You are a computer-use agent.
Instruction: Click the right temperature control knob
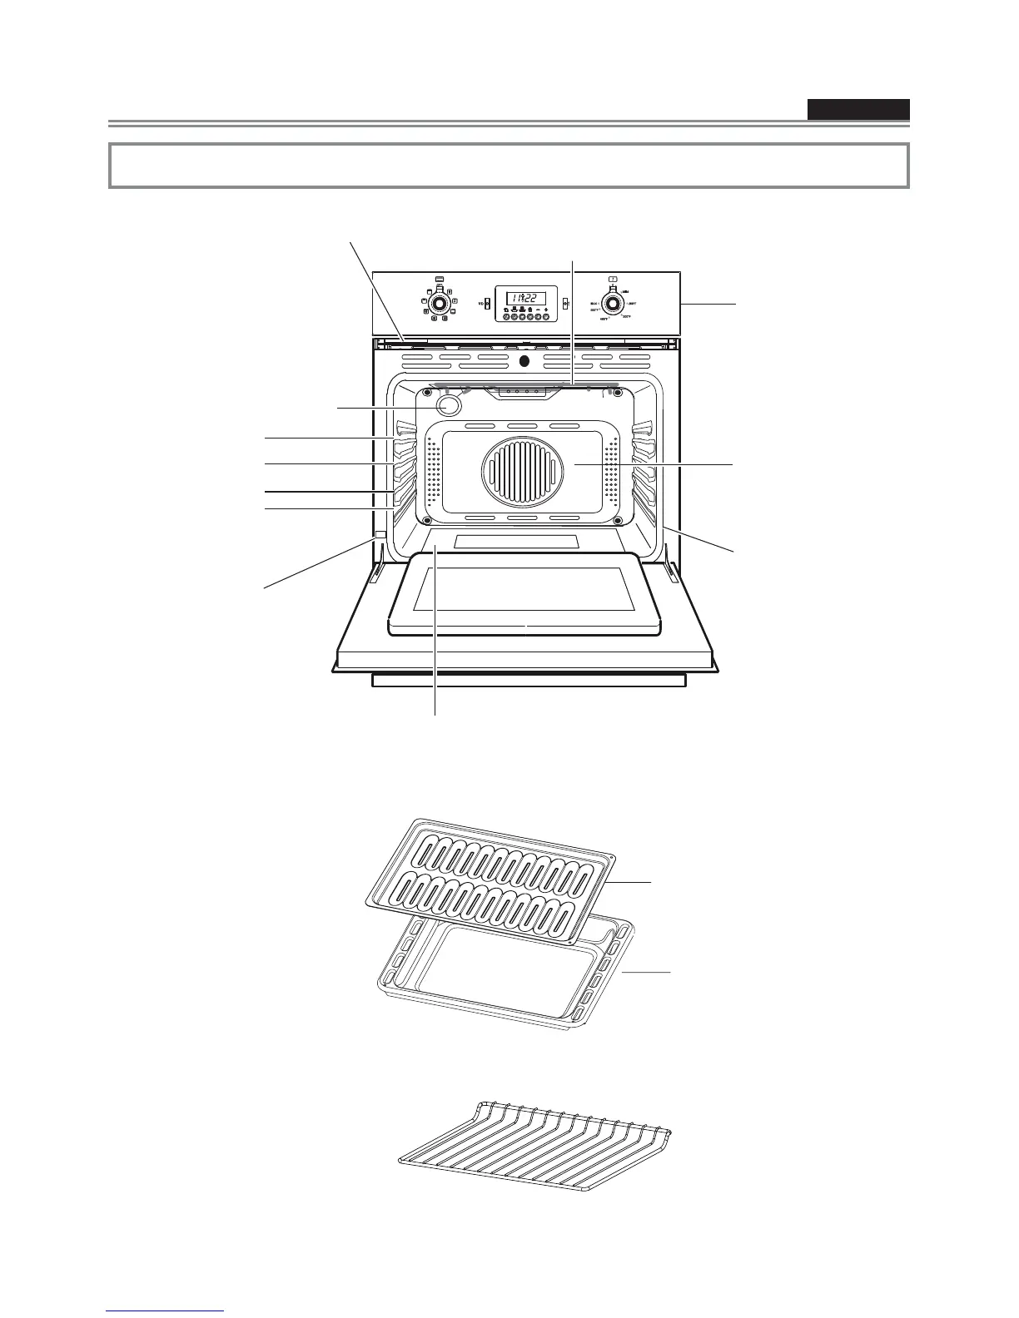coord(614,302)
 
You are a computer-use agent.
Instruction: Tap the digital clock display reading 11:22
coord(526,298)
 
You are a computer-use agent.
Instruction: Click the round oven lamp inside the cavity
coord(449,404)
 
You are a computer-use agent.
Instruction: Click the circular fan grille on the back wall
coord(516,471)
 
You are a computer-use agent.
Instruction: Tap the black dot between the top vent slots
coord(523,361)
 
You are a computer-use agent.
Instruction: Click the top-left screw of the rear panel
coord(427,392)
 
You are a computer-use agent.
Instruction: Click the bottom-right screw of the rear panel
coord(619,522)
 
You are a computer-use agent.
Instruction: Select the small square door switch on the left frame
coord(380,534)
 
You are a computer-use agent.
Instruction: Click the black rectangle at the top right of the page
coord(857,110)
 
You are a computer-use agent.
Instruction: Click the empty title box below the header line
coord(508,166)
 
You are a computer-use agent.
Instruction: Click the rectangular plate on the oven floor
coord(516,542)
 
